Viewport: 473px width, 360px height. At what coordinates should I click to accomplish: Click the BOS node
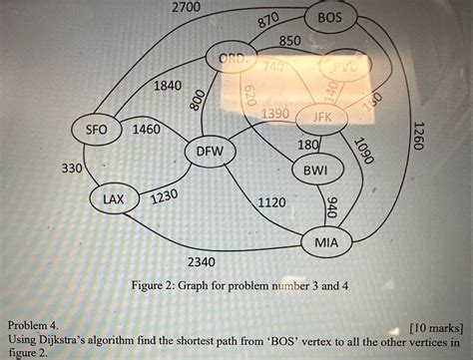click(x=330, y=19)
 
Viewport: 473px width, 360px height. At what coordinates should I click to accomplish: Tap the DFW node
click(x=210, y=152)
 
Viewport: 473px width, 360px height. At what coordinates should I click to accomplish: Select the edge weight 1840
click(x=167, y=87)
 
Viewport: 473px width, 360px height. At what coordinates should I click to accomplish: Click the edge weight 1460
click(x=147, y=131)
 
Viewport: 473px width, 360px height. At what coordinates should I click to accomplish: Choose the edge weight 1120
click(x=271, y=202)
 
